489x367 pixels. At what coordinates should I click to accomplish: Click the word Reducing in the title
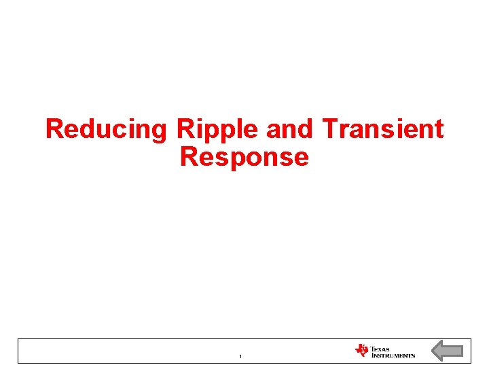(x=105, y=129)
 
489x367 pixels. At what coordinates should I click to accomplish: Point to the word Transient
(x=383, y=128)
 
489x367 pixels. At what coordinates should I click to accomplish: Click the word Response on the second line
(x=244, y=157)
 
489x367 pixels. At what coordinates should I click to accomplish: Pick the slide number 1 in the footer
(x=241, y=356)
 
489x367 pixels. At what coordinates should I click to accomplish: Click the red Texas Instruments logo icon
(x=361, y=351)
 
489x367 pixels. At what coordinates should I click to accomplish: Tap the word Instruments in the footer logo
(x=393, y=355)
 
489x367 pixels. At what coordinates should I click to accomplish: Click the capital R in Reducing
(x=54, y=128)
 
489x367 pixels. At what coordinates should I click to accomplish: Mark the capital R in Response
(x=188, y=157)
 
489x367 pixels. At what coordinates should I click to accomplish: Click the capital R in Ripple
(x=185, y=128)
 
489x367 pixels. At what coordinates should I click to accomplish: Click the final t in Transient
(x=439, y=129)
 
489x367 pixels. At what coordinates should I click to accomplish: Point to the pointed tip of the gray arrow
(x=433, y=351)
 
